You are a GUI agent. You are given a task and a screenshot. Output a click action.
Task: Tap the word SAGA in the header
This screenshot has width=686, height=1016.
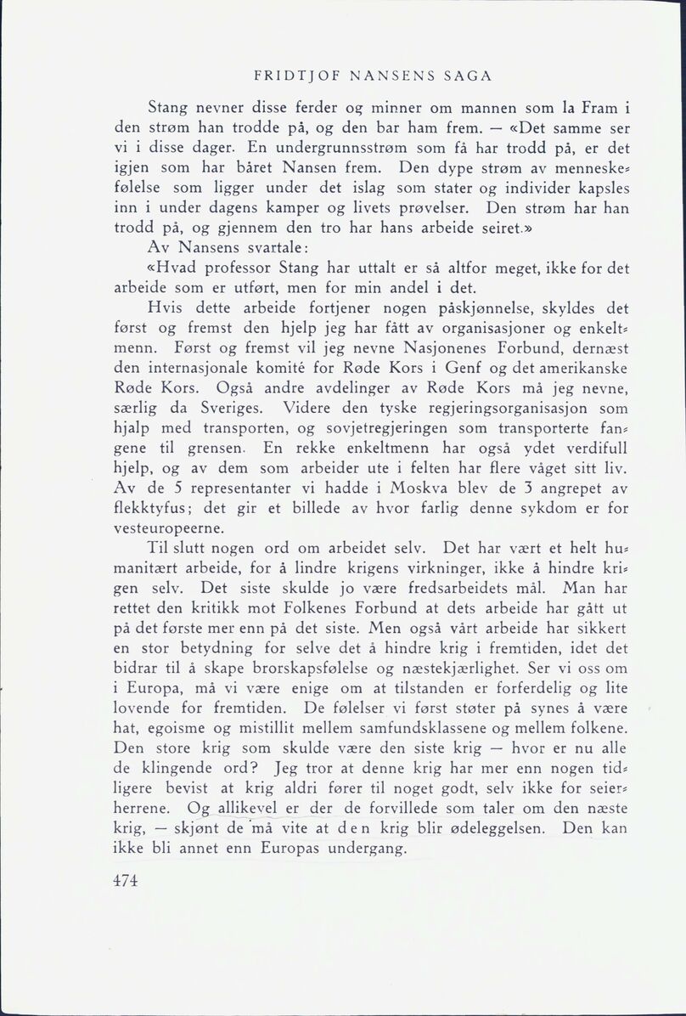[x=466, y=76]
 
